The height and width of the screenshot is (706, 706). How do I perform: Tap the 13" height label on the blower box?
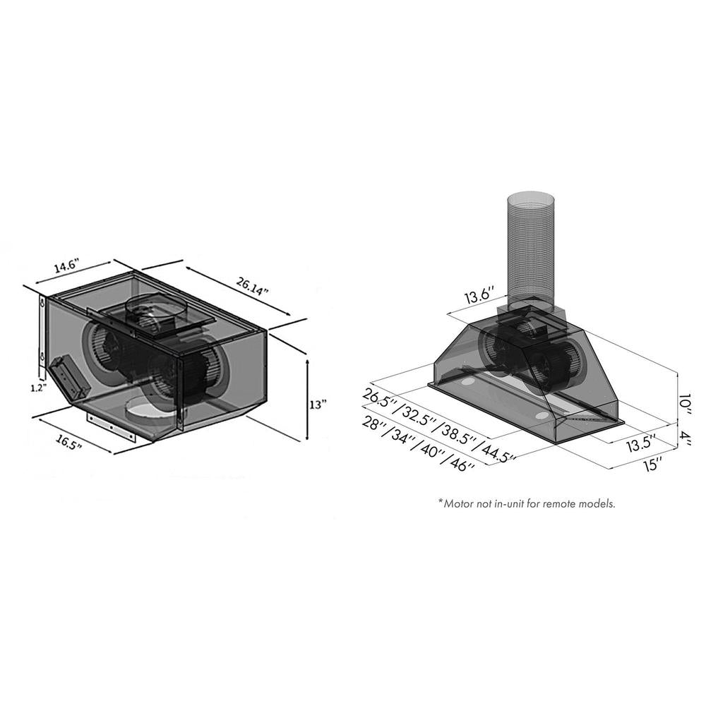(318, 405)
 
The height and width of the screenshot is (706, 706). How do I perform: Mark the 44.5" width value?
(498, 451)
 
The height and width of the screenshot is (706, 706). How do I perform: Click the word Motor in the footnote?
(460, 504)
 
